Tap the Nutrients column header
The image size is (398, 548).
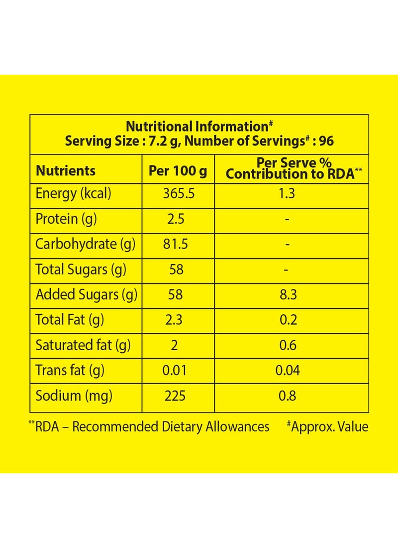click(66, 170)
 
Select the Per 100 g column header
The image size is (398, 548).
click(178, 171)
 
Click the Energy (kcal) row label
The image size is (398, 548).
click(73, 194)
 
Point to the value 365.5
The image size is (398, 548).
click(179, 194)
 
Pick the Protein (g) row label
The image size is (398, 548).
click(66, 219)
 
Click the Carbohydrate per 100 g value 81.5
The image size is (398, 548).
click(175, 244)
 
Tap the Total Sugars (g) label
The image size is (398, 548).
click(81, 270)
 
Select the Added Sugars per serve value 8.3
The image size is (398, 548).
click(288, 294)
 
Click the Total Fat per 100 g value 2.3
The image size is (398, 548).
click(174, 320)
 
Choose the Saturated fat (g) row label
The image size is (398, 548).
click(83, 345)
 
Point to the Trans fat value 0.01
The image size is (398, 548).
click(175, 371)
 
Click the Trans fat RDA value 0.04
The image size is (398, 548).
click(288, 371)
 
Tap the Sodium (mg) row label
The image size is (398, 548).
click(74, 396)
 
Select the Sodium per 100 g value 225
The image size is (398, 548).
click(175, 396)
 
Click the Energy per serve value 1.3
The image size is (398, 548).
click(287, 194)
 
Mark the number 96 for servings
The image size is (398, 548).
click(326, 141)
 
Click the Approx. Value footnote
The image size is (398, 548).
click(327, 427)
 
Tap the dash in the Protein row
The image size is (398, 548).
click(287, 220)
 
